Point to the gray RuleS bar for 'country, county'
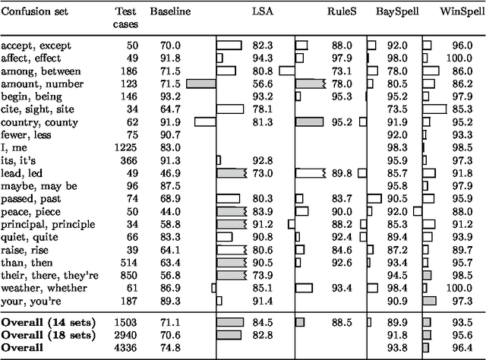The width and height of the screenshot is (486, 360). tap(309, 122)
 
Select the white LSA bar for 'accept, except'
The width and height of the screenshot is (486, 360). tap(229, 46)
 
